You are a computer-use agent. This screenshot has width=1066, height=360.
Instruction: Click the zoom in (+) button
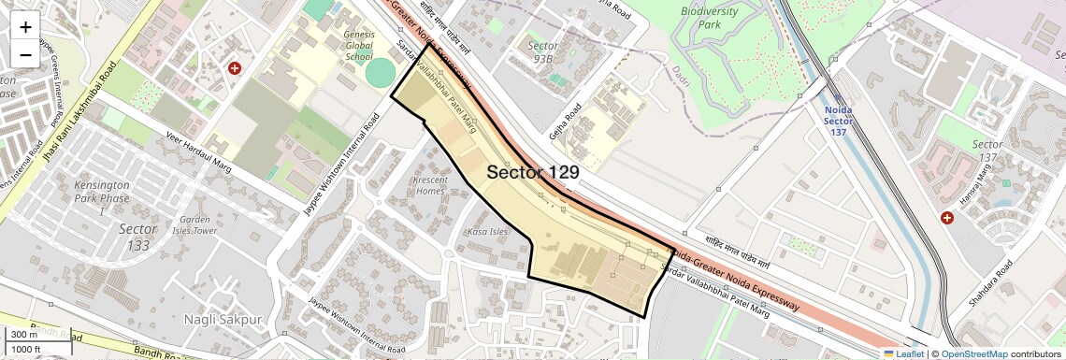25,26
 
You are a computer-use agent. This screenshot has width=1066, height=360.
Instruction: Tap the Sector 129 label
533,172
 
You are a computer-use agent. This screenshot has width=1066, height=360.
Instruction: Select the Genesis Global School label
359,44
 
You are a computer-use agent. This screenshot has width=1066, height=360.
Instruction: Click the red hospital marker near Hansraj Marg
947,218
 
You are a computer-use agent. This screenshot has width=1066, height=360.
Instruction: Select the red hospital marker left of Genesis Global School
235,68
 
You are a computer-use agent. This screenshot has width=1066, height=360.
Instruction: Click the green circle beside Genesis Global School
381,73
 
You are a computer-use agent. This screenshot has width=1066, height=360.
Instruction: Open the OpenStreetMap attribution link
973,353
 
